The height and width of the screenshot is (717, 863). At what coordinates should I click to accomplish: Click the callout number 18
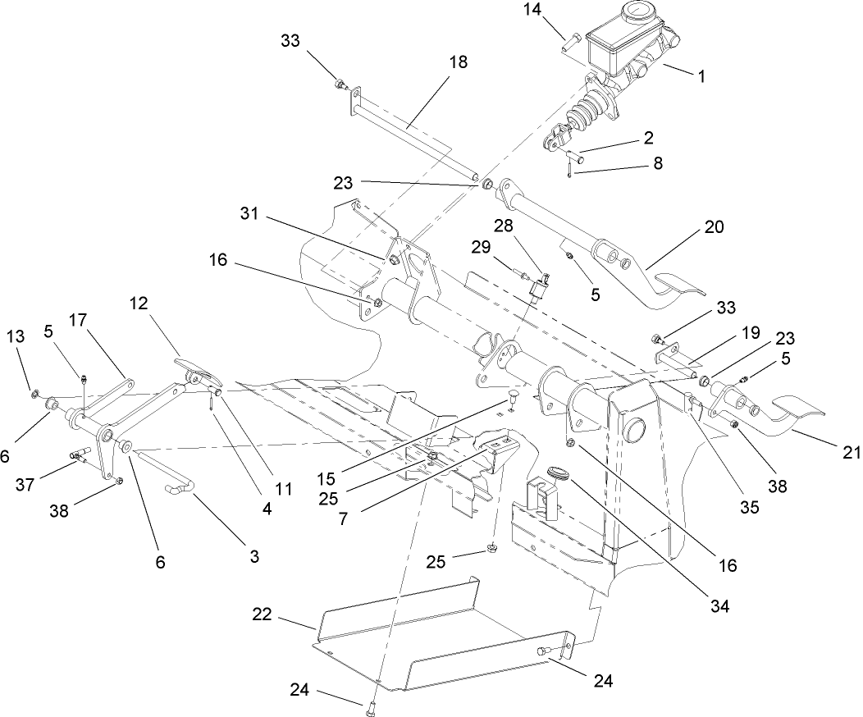click(458, 62)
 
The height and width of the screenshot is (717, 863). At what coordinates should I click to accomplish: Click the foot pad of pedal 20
click(677, 292)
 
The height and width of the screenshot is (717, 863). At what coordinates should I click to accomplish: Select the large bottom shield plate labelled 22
click(443, 640)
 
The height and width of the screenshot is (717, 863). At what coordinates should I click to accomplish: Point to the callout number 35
click(748, 507)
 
